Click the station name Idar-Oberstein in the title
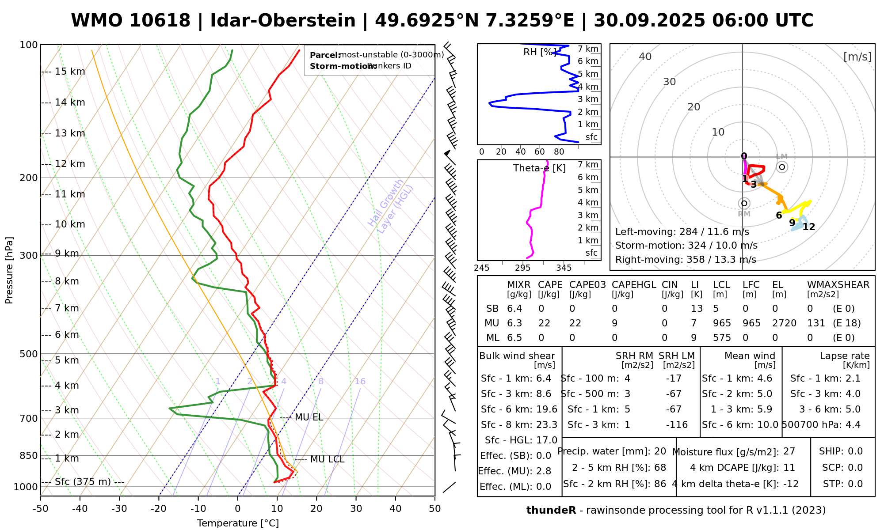[x=283, y=21]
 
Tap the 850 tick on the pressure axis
[x=29, y=455]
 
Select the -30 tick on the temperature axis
[x=119, y=509]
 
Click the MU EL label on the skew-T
[x=309, y=417]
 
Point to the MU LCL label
[x=327, y=459]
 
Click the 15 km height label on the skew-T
[x=70, y=72]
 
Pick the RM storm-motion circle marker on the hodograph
[x=744, y=203]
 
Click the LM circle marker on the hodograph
[x=782, y=167]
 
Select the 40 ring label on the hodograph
[x=645, y=57]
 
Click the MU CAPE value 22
[x=544, y=323]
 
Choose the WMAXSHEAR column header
[x=838, y=285]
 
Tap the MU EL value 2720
[x=784, y=323]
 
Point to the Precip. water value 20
[x=660, y=451]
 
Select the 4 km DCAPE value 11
[x=789, y=468]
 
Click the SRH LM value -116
[x=677, y=425]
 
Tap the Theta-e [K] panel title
[x=539, y=168]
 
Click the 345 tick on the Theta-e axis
[x=564, y=268]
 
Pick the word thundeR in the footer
[x=551, y=511]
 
